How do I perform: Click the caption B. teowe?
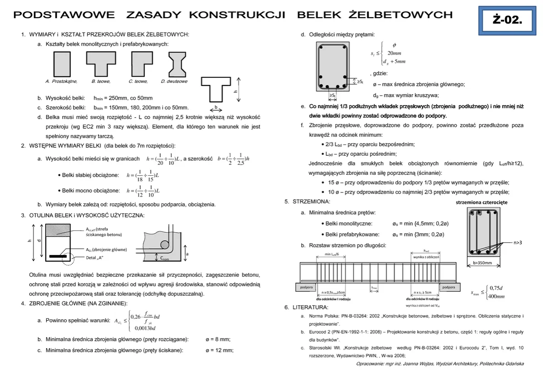[101, 82]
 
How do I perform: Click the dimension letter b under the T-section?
[216, 107]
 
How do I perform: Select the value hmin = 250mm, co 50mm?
[123, 98]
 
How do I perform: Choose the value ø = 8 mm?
[218, 339]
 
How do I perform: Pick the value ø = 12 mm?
[219, 350]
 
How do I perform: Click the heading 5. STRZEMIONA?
[308, 201]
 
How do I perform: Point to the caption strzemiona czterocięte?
[481, 202]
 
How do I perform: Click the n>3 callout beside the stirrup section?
[518, 243]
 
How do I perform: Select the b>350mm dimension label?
[482, 262]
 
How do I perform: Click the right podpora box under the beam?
[448, 287]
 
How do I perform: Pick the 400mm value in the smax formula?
[497, 297]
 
